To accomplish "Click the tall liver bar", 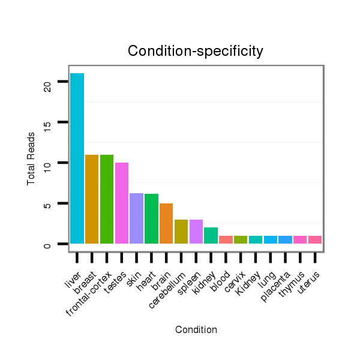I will [77, 158].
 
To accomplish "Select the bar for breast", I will [92, 199].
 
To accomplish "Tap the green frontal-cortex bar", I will [107, 199].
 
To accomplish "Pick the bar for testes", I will [122, 203].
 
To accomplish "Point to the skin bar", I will [136, 218].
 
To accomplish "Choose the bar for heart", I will [151, 219].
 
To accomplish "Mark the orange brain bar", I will [166, 224].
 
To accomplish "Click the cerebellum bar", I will [181, 232].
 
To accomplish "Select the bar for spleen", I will [196, 232].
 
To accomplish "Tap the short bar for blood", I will [226, 239].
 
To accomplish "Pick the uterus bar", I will [315, 239].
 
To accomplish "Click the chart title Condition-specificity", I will [196, 52].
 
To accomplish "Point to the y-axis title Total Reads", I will [31, 158].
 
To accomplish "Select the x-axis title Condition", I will [196, 329].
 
